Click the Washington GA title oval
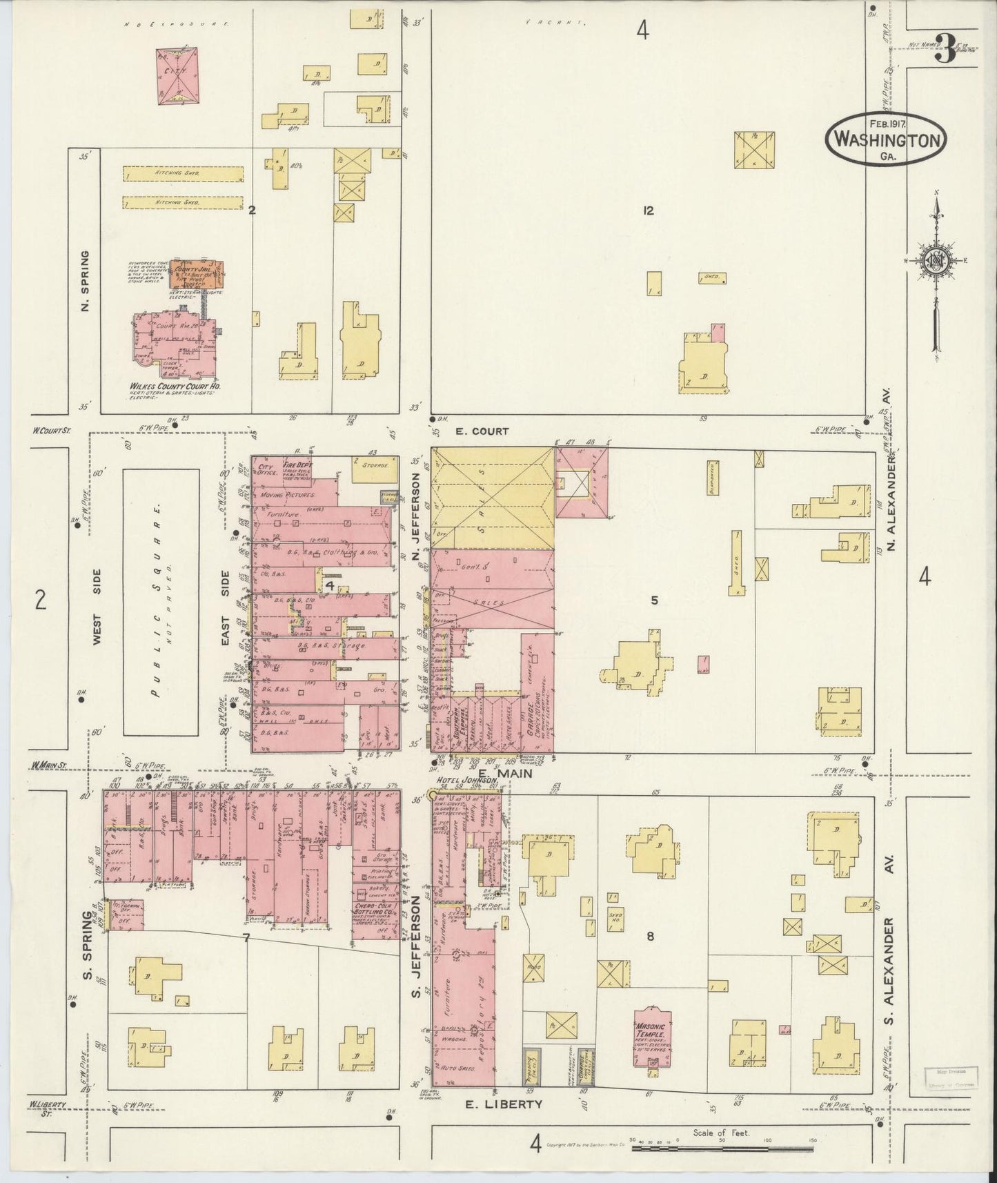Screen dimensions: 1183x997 pos(886,139)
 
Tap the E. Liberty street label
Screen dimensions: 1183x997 pos(509,1104)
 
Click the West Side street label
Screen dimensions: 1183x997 pos(97,607)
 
